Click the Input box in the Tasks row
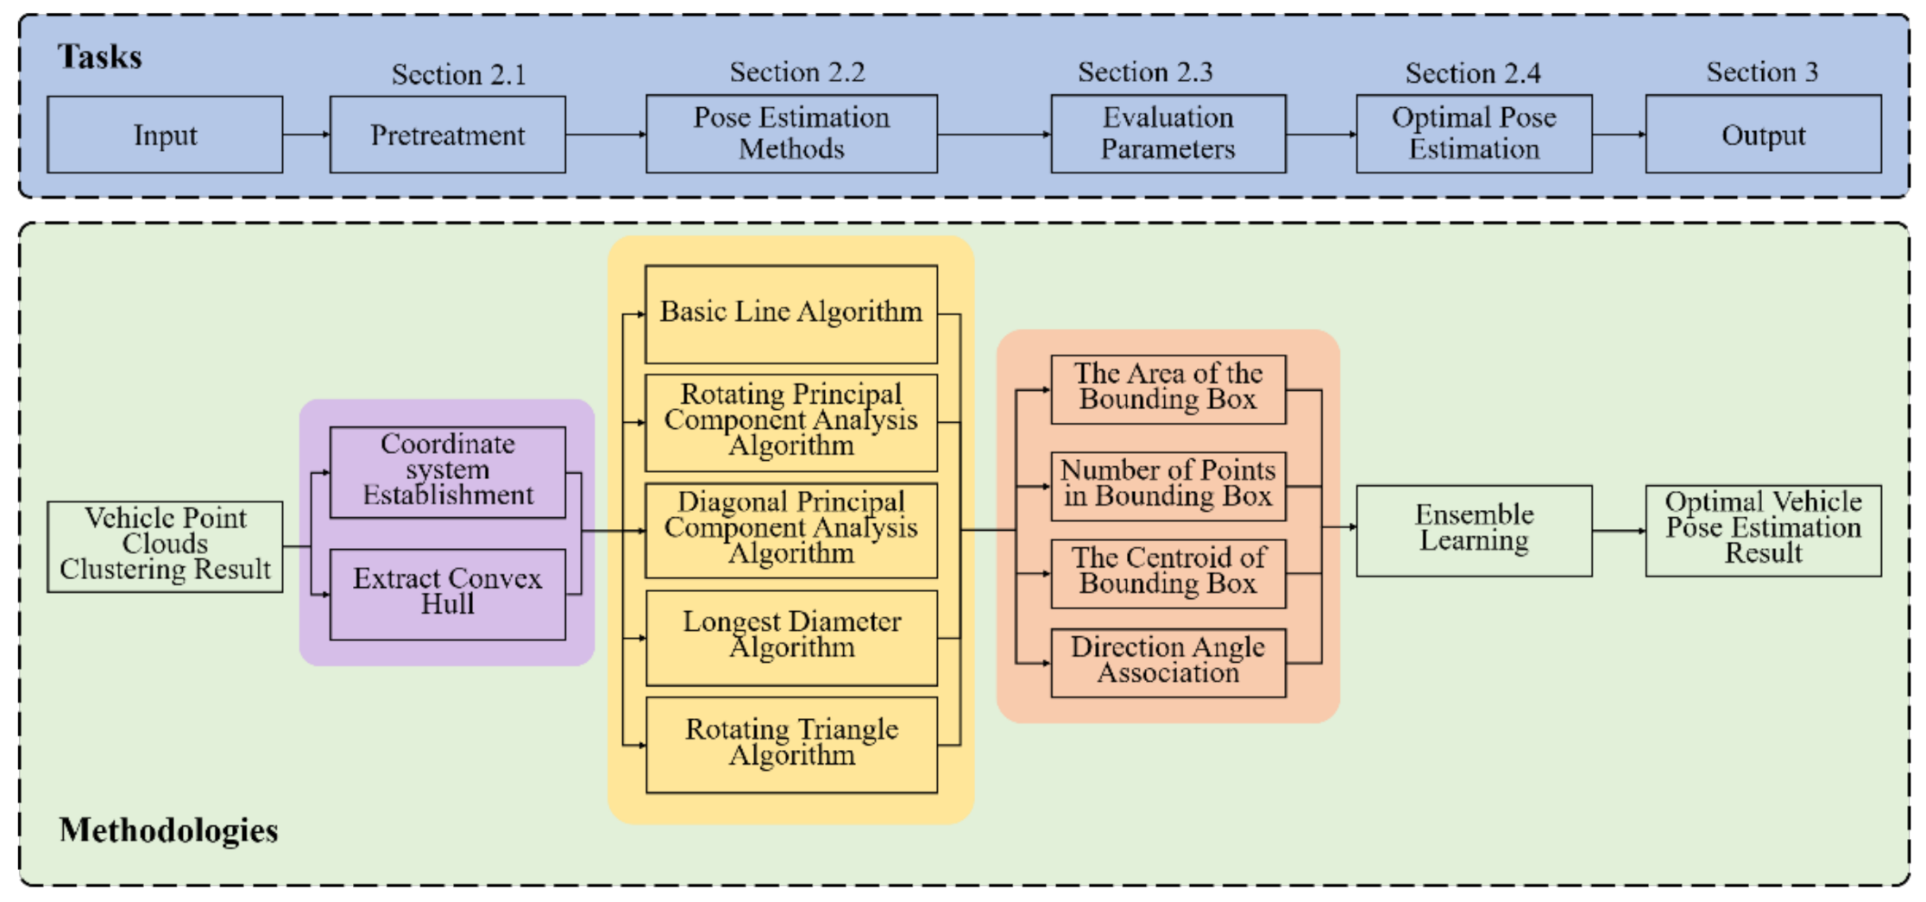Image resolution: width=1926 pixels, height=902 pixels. (x=165, y=135)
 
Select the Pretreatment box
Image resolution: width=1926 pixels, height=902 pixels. (x=447, y=135)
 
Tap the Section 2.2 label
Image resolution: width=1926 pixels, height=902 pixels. (x=796, y=73)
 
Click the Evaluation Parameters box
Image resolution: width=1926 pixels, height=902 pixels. (x=1168, y=134)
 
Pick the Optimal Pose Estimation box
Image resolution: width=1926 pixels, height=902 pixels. (x=1473, y=134)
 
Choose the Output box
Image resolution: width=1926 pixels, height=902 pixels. (x=1762, y=135)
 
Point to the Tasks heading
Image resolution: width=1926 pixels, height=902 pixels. (x=99, y=57)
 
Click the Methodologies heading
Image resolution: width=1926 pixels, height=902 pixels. (x=168, y=829)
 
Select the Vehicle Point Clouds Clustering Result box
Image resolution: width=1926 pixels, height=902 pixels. (x=165, y=546)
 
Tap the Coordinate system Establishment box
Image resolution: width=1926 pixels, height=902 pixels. (x=447, y=471)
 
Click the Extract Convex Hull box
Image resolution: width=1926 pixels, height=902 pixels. (x=447, y=594)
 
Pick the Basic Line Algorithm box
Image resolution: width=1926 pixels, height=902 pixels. (x=790, y=313)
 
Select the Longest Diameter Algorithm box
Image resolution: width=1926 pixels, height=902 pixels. (x=790, y=637)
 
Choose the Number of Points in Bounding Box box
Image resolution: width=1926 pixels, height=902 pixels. (x=1168, y=485)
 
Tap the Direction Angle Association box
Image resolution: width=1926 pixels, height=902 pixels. (x=1168, y=662)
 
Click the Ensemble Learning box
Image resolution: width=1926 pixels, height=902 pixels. (x=1473, y=529)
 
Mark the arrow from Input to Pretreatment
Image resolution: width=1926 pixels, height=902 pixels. (x=305, y=135)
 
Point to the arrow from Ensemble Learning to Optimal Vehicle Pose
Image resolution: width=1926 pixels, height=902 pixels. (x=1618, y=530)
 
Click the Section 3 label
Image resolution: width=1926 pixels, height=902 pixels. (x=1761, y=73)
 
